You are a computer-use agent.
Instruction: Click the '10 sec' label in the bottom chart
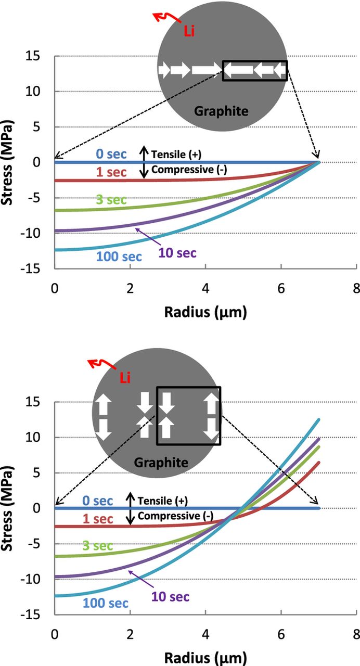click(x=170, y=597)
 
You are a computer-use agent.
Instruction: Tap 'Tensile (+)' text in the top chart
click(x=176, y=154)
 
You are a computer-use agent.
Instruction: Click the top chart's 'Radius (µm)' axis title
click(x=205, y=312)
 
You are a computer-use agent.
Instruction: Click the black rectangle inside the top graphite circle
click(x=255, y=70)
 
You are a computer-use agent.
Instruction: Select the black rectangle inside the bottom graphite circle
click(x=189, y=416)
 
